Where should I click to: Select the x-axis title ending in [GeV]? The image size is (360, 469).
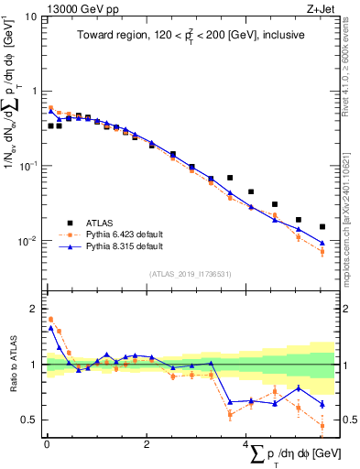point(285,456)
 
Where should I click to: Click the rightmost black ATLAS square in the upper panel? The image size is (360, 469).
point(322,227)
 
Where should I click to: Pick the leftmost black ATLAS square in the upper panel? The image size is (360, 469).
point(51,126)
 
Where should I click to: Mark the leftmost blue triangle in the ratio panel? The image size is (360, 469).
point(51,328)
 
